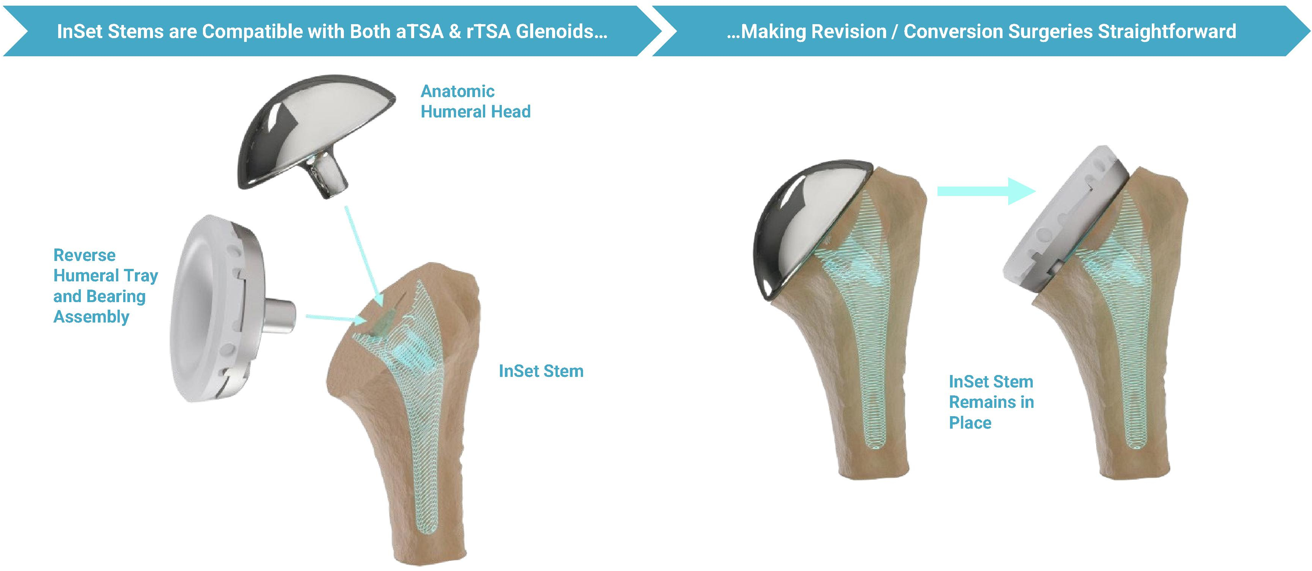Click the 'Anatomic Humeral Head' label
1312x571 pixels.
(475, 101)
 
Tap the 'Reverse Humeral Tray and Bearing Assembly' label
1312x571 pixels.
(106, 285)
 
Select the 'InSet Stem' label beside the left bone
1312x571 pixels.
(541, 371)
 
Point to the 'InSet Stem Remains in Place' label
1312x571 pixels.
(991, 402)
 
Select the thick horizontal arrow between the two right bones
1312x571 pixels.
(987, 191)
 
